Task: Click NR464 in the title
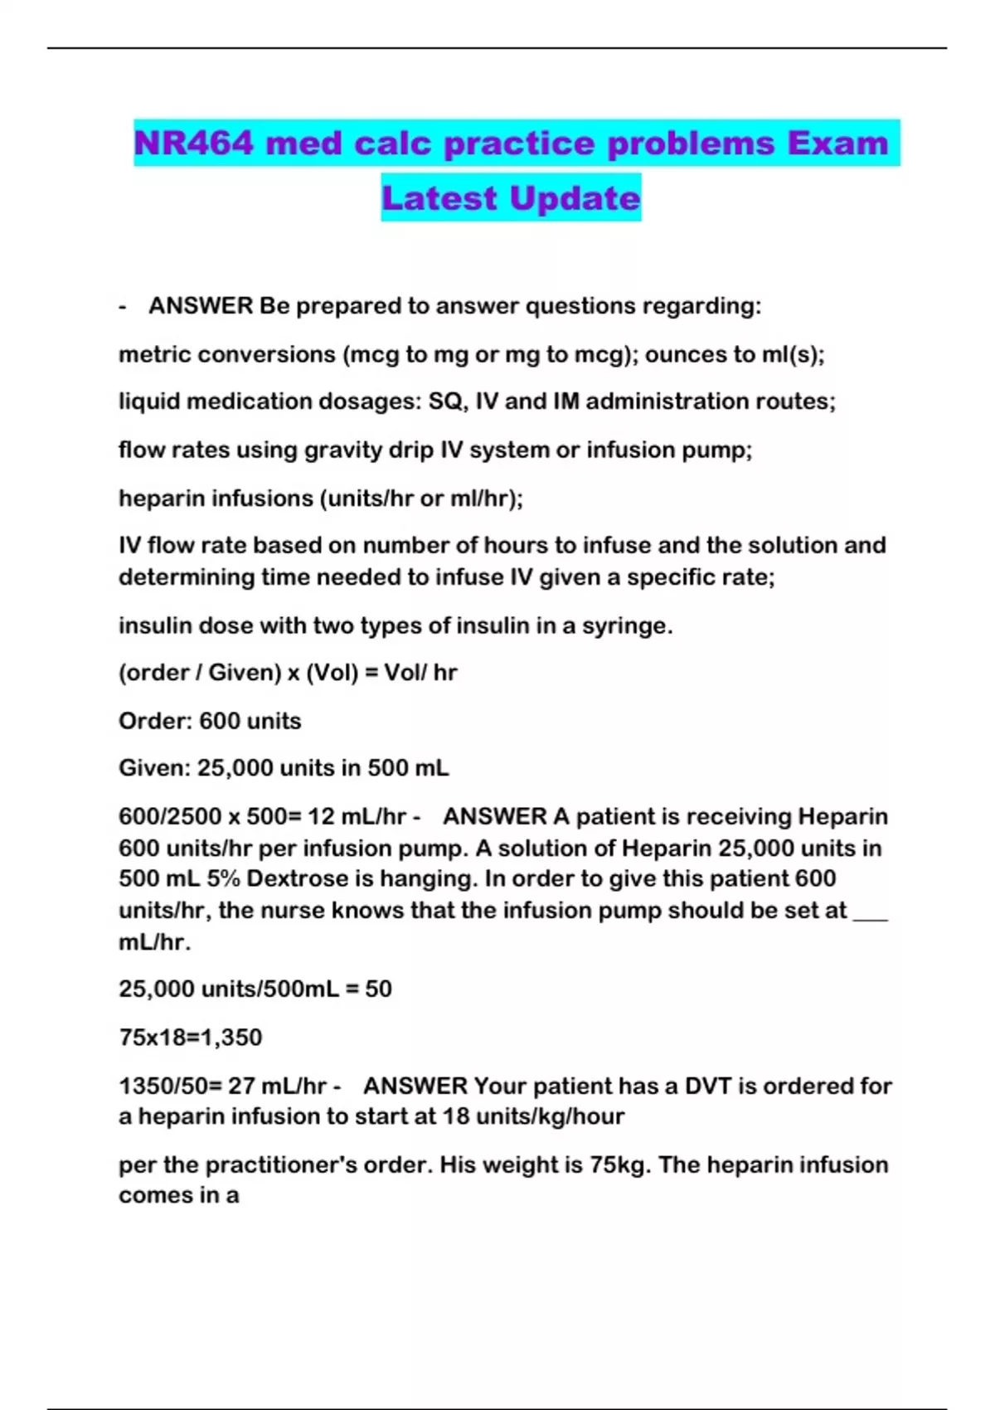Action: (192, 143)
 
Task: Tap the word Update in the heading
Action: (575, 198)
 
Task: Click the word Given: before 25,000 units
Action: (154, 768)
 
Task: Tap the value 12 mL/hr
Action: (357, 816)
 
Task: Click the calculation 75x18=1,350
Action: (191, 1038)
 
